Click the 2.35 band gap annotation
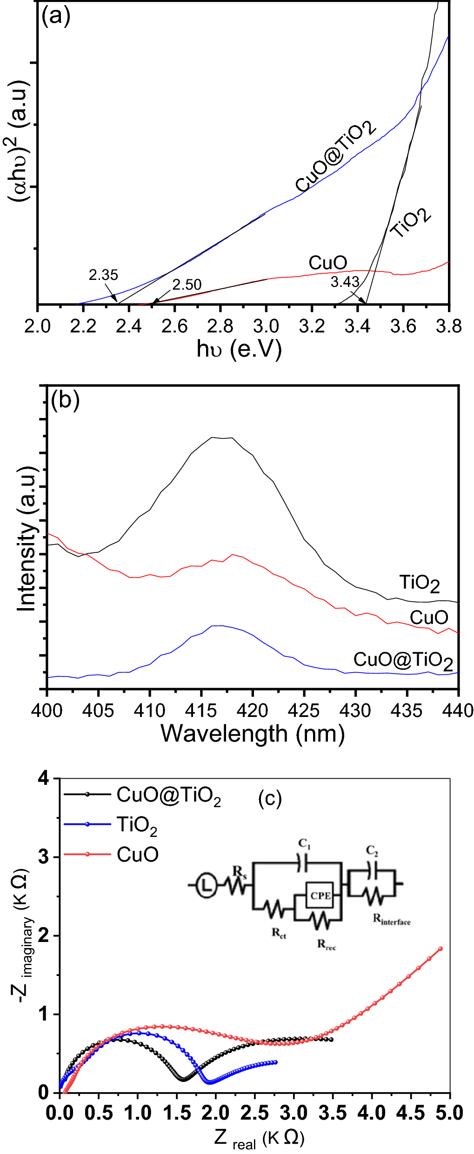click(x=103, y=275)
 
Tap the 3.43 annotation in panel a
click(x=345, y=282)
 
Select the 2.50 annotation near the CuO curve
click(x=187, y=285)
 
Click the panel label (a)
click(x=56, y=17)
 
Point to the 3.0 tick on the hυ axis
click(x=266, y=326)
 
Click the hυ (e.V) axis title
click(x=239, y=349)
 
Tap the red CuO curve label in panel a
click(x=327, y=263)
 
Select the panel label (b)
click(x=65, y=400)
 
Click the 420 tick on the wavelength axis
click(x=253, y=710)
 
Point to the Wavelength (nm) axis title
click(x=253, y=734)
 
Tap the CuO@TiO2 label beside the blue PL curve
click(x=403, y=660)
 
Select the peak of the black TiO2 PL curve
click(x=222, y=438)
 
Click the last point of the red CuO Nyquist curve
click(x=440, y=949)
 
